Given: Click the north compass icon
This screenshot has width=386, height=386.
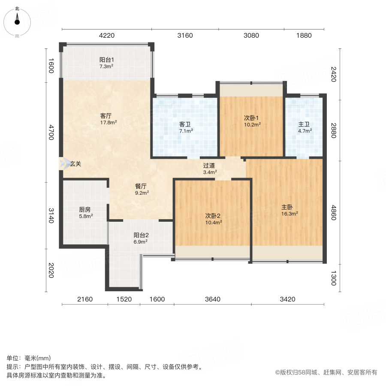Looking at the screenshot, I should (17, 19).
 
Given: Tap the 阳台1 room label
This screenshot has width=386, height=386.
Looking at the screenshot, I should (106, 60).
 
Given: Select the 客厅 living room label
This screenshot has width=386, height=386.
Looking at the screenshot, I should (106, 116).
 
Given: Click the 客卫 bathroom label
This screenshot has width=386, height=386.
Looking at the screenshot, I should (185, 125).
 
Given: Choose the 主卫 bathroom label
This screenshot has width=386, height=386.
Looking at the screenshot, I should (304, 125).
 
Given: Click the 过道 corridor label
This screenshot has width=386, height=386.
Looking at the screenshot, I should (209, 166).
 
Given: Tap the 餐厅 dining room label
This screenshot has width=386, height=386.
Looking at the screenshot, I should (141, 187).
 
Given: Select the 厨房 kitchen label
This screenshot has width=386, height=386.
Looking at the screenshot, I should (85, 210).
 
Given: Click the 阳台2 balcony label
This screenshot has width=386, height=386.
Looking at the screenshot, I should (141, 235).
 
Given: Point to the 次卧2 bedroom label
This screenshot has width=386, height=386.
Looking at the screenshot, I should (213, 216).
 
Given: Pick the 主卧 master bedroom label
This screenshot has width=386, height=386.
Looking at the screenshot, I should (287, 206).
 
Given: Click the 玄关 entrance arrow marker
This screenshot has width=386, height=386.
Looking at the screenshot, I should (65, 163).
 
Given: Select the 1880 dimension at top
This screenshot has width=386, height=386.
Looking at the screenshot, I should (304, 36).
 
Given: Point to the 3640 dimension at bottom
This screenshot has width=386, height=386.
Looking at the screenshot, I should (212, 299).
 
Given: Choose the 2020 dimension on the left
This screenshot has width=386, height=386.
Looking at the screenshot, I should (51, 270).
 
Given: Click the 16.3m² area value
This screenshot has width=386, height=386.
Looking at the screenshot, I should (290, 213).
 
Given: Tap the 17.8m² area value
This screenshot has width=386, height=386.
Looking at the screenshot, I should (109, 122).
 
